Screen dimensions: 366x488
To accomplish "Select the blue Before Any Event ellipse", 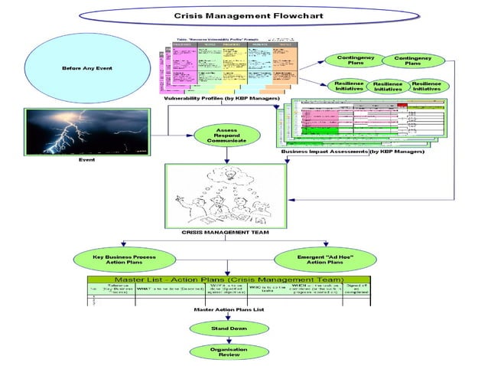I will pyautogui.click(x=87, y=69).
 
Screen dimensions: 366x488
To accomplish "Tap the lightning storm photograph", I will pyautogui.click(x=87, y=132).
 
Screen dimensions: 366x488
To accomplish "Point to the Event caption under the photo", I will pyautogui.click(x=87, y=160).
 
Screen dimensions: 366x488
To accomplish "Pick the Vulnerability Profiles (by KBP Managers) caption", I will pyautogui.click(x=222, y=100).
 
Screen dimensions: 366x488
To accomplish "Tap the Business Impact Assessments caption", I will pyautogui.click(x=353, y=152).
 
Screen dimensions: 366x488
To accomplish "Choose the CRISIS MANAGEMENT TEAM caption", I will pyautogui.click(x=224, y=231).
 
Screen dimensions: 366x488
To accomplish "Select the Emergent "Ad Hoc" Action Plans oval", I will pyautogui.click(x=325, y=258).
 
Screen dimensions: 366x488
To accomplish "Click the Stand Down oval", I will pyautogui.click(x=229, y=328).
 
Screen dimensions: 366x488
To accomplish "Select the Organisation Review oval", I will pyautogui.click(x=229, y=352).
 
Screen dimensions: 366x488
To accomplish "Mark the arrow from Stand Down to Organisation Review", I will pyautogui.click(x=229, y=340).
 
